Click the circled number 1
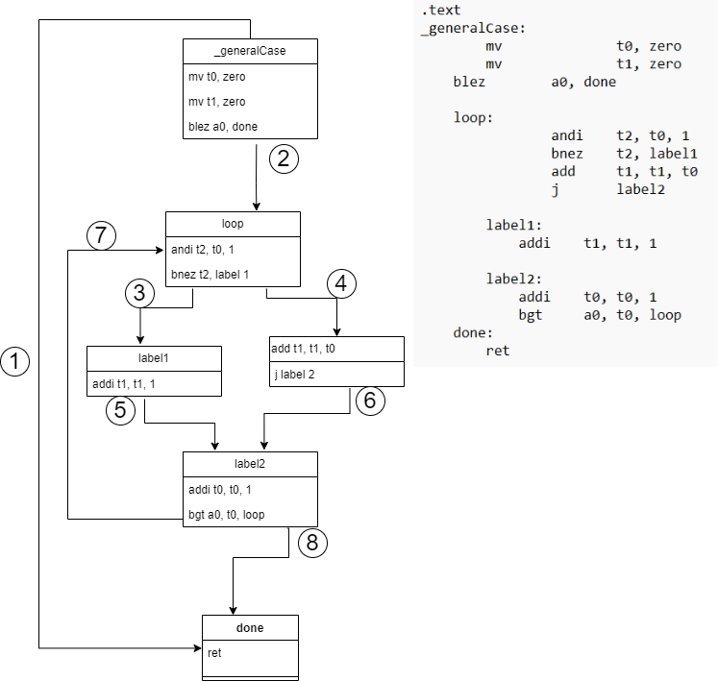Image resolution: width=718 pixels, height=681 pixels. pyautogui.click(x=15, y=361)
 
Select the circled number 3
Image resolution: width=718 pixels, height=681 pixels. pyautogui.click(x=140, y=293)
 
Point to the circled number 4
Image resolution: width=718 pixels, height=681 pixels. pyautogui.click(x=341, y=283)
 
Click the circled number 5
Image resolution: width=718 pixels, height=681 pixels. pyautogui.click(x=120, y=410)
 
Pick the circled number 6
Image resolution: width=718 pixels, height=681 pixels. pyautogui.click(x=370, y=401)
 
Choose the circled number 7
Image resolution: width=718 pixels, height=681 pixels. pyautogui.click(x=101, y=234)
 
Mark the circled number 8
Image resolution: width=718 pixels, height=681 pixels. pyautogui.click(x=312, y=543)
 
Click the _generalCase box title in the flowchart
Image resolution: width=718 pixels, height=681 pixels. pyautogui.click(x=250, y=51)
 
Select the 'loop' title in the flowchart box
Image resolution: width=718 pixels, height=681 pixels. pyautogui.click(x=233, y=224)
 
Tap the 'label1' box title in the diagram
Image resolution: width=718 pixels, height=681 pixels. pyautogui.click(x=154, y=358)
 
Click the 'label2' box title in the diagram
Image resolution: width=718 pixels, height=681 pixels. pyautogui.click(x=250, y=464)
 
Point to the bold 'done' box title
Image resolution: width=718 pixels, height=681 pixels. pyautogui.click(x=250, y=628)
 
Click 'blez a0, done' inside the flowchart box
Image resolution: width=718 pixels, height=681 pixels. pyautogui.click(x=223, y=126)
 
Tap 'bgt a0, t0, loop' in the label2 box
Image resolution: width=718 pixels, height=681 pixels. pyautogui.click(x=227, y=515)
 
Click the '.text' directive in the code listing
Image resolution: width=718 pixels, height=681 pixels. pyautogui.click(x=440, y=11)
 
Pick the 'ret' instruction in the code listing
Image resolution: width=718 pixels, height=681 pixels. pyautogui.click(x=498, y=351)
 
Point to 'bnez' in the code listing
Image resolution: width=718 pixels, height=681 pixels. pyautogui.click(x=567, y=154)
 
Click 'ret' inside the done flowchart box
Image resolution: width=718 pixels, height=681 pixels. pyautogui.click(x=215, y=653)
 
